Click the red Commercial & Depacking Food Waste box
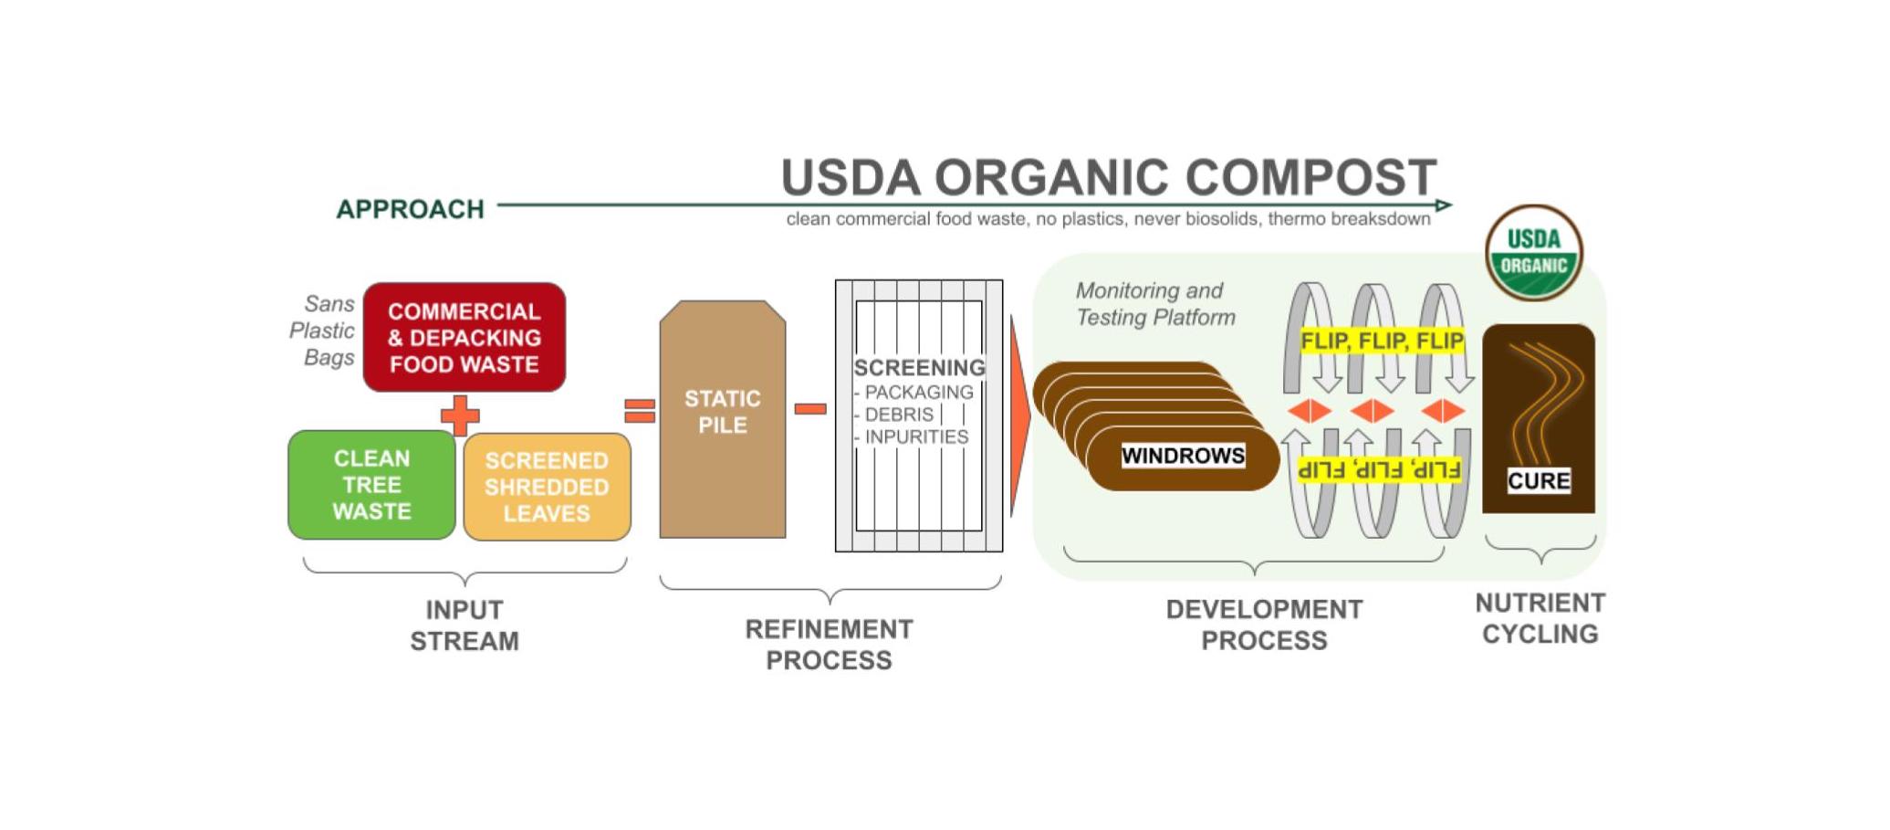click(465, 337)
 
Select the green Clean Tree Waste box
click(371, 485)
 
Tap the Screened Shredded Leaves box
click(547, 487)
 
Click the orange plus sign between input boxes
click(460, 415)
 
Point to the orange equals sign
click(640, 411)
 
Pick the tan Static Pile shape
click(723, 419)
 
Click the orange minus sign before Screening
click(810, 409)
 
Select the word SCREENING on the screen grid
click(919, 367)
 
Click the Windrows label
click(1183, 456)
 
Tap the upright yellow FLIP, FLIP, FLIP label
click(1382, 341)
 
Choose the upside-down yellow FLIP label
click(1379, 470)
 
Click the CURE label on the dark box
click(1539, 480)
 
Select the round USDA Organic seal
click(1534, 253)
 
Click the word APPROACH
click(410, 209)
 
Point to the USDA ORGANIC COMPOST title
click(1109, 176)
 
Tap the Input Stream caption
click(465, 625)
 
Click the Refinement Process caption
click(829, 645)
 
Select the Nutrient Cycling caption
click(1540, 618)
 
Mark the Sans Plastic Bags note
click(322, 331)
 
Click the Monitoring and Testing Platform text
click(1155, 304)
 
